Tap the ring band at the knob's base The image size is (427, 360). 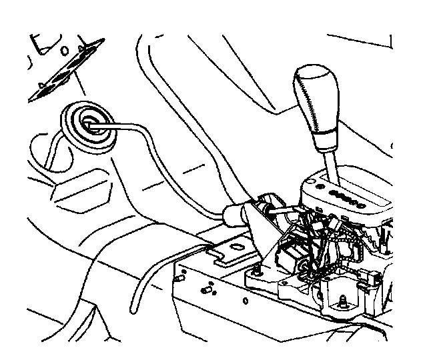pos(325,139)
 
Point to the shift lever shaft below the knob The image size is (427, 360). pos(331,163)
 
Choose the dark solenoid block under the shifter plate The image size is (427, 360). pos(290,257)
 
